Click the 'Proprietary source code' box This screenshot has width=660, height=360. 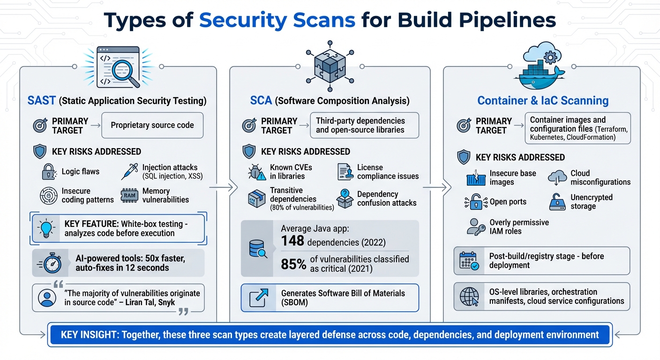152,125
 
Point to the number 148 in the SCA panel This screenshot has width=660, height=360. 293,241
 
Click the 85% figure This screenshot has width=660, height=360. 294,264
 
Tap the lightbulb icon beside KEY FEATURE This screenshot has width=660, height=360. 46,229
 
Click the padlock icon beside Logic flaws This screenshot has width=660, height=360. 49,172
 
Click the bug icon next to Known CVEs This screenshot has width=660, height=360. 256,172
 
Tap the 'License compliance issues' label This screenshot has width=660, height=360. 388,172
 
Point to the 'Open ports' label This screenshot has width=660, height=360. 508,202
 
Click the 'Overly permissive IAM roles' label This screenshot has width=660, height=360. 519,227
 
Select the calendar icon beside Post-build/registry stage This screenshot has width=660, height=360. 469,261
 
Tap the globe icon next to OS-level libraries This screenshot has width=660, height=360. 469,297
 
